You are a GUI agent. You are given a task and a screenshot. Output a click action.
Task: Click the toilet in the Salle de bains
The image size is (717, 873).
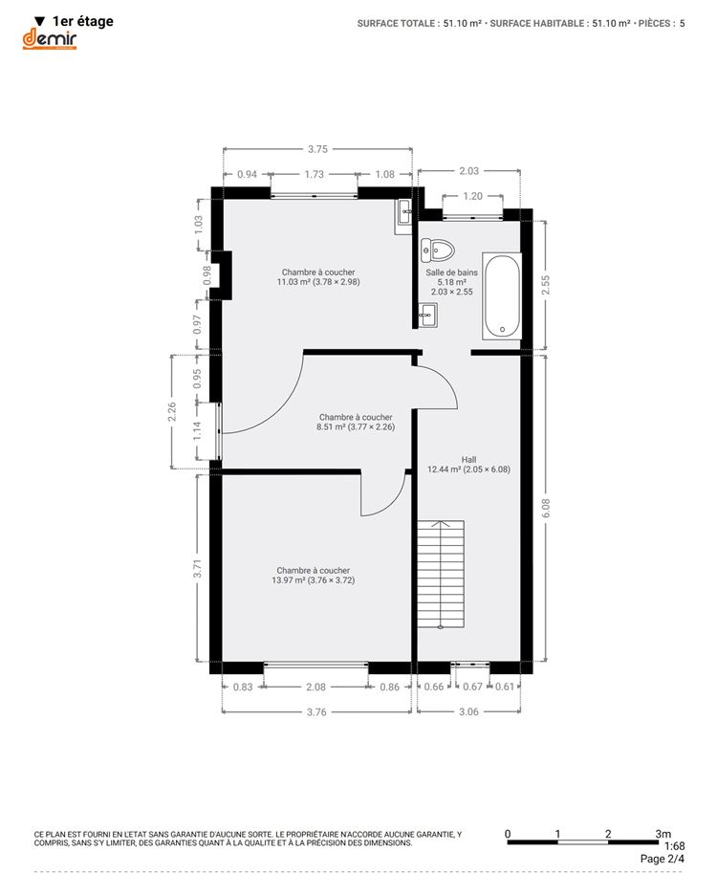[x=437, y=251]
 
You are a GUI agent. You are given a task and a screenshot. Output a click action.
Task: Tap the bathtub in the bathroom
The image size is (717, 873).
[x=502, y=295]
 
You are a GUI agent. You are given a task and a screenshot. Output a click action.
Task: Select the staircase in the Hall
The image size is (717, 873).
[x=441, y=575]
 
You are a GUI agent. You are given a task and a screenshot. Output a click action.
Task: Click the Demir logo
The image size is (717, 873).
[x=50, y=39]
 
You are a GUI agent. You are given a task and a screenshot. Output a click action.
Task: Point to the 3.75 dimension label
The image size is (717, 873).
[x=317, y=149]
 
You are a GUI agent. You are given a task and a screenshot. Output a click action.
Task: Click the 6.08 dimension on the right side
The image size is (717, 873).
[x=546, y=508]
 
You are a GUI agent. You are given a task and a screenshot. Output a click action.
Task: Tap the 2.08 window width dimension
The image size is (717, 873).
[x=315, y=687]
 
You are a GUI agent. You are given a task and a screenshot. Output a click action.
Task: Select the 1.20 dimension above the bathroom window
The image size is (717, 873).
[x=472, y=196]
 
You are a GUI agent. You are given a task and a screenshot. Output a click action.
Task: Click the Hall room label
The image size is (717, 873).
[x=468, y=465]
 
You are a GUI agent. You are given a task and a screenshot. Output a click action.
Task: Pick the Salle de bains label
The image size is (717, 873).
[x=451, y=282]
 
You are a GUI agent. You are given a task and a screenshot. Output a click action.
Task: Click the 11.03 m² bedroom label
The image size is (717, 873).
[x=318, y=277]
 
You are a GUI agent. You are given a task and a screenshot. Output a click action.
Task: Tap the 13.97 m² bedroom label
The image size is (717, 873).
[x=314, y=575]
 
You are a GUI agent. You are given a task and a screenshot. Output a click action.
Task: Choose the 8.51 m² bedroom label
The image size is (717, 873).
[x=356, y=422]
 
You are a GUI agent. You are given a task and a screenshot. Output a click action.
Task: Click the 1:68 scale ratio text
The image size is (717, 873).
[x=674, y=846]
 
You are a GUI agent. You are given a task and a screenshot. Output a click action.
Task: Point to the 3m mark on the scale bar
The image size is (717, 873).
[x=663, y=834]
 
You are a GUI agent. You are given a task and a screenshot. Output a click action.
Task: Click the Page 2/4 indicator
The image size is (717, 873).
[x=663, y=859]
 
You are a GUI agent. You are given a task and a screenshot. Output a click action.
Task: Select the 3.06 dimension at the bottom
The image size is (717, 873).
[x=468, y=711]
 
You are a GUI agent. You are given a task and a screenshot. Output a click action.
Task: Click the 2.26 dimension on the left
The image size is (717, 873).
[x=172, y=412]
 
